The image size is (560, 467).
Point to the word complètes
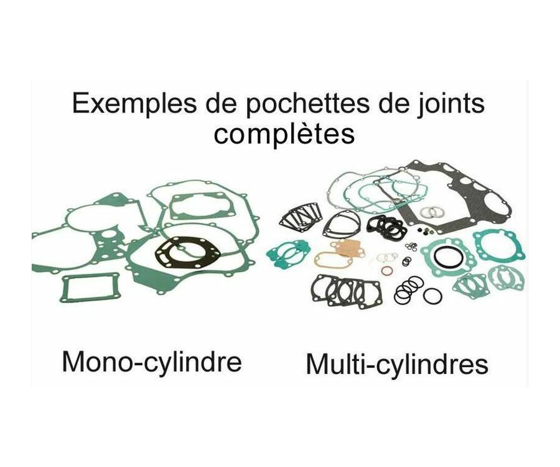tap(284, 134)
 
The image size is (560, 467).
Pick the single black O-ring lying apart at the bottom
tap(432, 296)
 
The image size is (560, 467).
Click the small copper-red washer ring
tap(386, 270)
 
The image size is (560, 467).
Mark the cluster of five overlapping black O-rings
tap(408, 288)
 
